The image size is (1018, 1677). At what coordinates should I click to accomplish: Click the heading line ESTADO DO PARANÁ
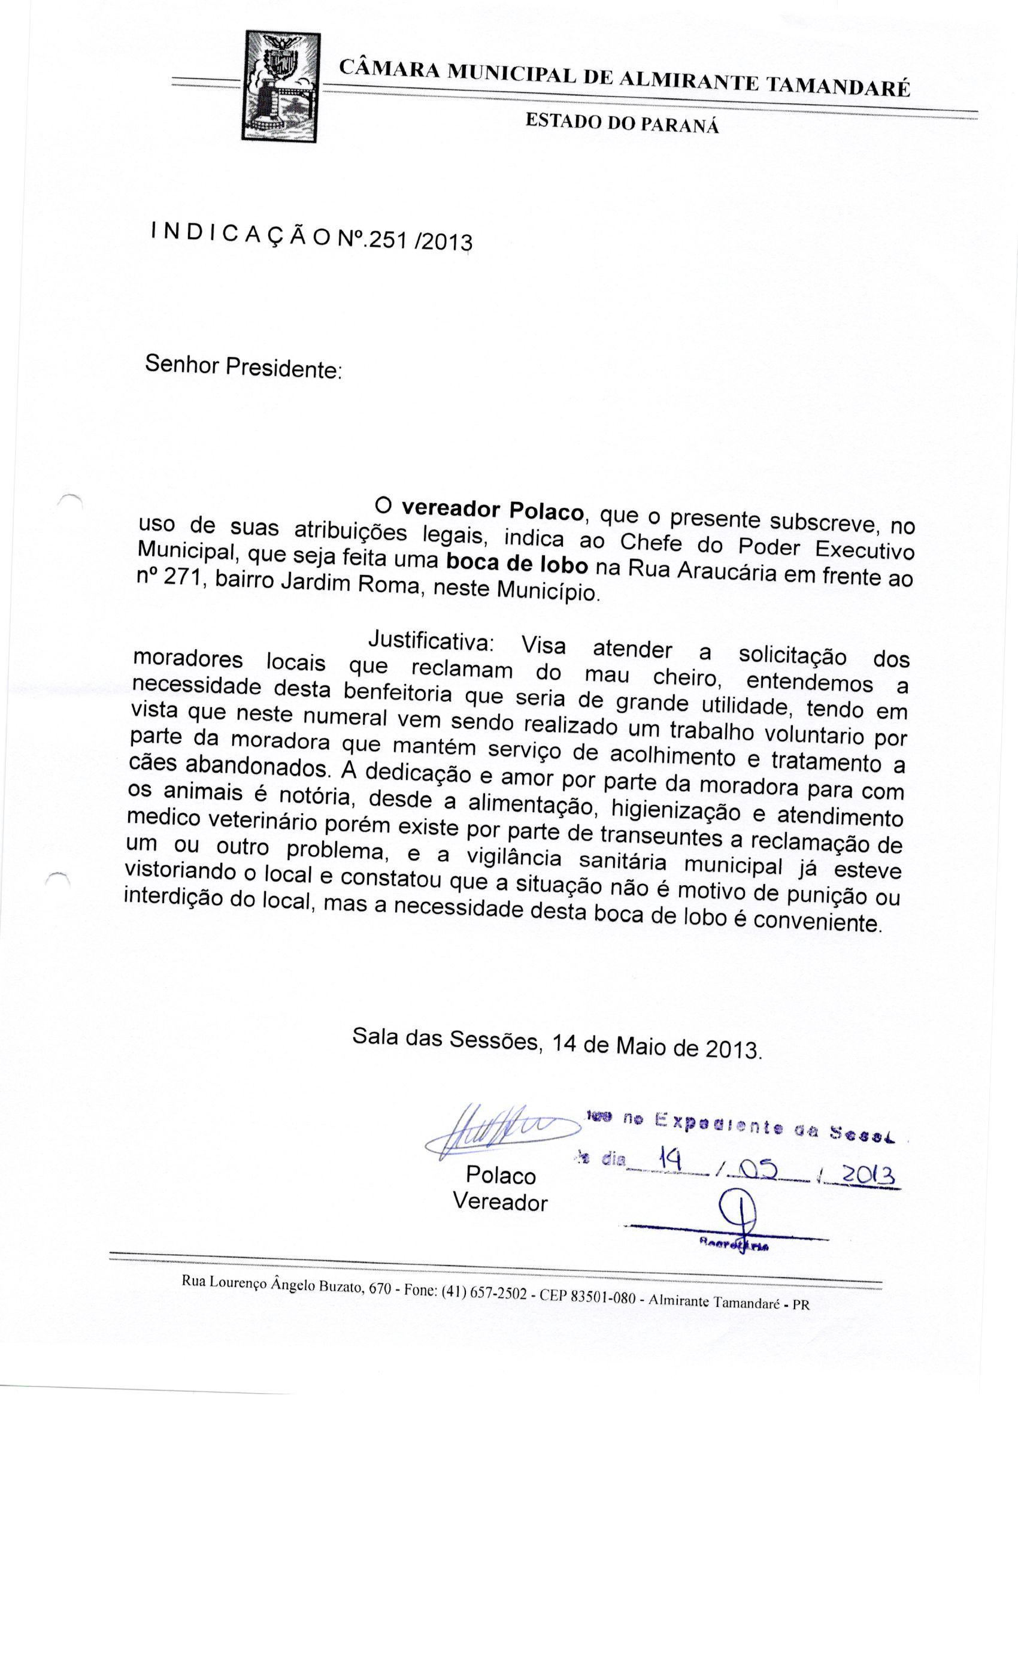point(622,123)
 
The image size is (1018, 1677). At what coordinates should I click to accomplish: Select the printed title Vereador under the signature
point(500,1203)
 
